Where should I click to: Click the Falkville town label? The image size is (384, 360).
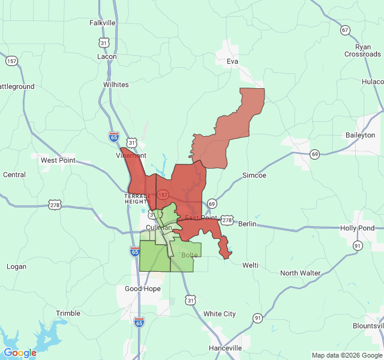[102, 23]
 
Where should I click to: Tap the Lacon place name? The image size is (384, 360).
[107, 56]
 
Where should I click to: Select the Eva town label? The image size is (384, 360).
[233, 61]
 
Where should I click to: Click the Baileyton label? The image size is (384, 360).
[360, 135]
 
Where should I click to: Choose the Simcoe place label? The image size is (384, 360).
[254, 175]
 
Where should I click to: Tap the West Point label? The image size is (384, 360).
[58, 160]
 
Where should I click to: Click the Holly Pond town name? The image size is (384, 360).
[357, 228]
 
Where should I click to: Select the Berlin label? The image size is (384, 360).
[247, 224]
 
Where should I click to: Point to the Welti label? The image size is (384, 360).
[250, 265]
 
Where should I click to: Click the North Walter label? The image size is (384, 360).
[300, 273]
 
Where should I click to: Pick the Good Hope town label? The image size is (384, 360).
[142, 289]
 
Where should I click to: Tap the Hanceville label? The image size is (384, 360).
[225, 348]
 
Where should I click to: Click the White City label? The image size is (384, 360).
[219, 314]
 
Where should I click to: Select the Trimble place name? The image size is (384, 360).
[68, 313]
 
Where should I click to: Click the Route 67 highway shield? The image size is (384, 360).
[344, 29]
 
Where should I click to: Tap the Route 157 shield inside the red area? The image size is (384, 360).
[163, 195]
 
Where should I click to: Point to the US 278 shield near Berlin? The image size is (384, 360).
[227, 220]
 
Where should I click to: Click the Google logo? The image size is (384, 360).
[20, 353]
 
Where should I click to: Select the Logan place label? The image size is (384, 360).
[16, 266]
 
